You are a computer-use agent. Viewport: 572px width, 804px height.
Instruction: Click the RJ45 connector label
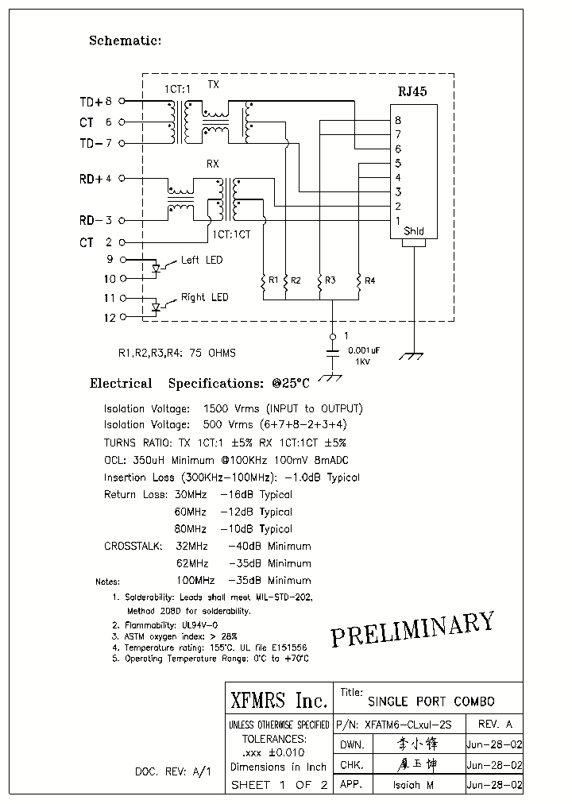(412, 91)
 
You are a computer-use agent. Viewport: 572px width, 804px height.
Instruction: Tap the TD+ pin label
(91, 102)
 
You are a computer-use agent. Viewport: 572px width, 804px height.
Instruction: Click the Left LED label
(202, 261)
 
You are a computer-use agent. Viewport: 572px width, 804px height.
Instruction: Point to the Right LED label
(204, 297)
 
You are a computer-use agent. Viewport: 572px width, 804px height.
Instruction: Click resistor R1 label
(272, 280)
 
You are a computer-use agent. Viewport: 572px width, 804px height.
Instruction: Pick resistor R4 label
(369, 280)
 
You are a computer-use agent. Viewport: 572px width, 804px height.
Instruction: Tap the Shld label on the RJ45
(414, 232)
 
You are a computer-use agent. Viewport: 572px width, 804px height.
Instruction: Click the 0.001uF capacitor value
(364, 350)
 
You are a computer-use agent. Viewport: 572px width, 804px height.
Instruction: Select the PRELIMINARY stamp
(412, 628)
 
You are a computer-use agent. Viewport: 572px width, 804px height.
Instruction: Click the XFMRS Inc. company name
(278, 700)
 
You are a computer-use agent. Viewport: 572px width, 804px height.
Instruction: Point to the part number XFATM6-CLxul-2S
(407, 725)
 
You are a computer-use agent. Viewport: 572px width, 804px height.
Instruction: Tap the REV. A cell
(496, 725)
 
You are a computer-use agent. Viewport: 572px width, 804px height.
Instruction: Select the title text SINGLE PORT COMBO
(431, 702)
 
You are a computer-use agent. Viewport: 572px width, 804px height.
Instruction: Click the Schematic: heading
(125, 41)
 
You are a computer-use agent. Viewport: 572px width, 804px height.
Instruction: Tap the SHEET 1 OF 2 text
(278, 785)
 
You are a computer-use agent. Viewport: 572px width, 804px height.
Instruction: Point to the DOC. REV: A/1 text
(172, 771)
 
